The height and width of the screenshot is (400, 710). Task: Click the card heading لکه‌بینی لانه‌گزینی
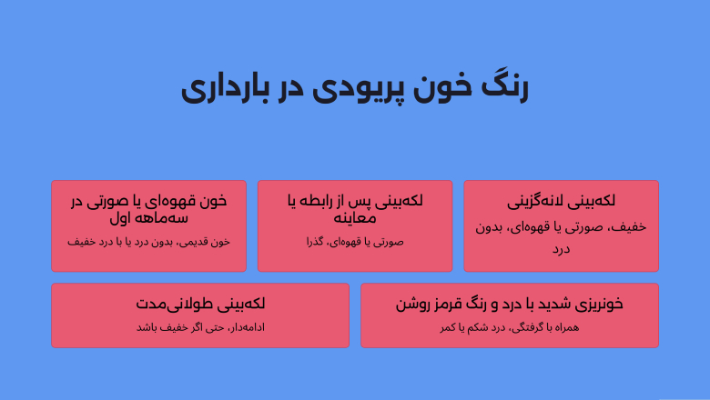click(x=561, y=201)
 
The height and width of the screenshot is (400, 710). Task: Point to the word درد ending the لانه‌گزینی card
click(x=561, y=248)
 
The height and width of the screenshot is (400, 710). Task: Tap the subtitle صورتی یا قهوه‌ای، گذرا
click(x=354, y=242)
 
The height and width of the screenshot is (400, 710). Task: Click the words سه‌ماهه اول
click(x=148, y=218)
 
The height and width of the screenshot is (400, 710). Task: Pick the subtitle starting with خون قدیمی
click(x=148, y=242)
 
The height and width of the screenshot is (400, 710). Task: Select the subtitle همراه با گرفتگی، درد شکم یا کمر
click(x=510, y=327)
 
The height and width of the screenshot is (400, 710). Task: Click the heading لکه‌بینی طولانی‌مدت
click(x=200, y=304)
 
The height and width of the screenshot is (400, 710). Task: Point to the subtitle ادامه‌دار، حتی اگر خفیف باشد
click(x=200, y=327)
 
